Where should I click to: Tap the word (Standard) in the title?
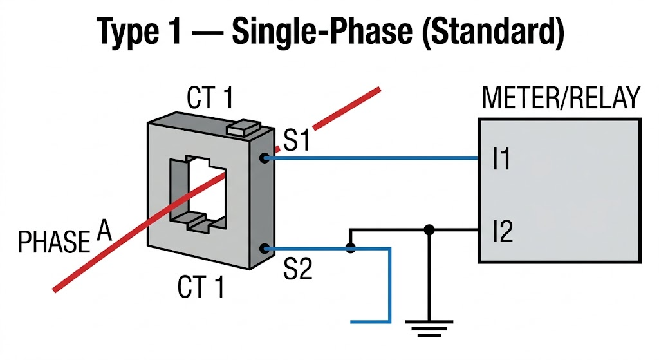pos(499,32)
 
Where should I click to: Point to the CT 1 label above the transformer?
pos(210,99)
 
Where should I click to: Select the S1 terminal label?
pos(297,141)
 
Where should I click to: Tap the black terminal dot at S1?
pos(263,157)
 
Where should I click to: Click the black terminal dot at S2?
pos(263,248)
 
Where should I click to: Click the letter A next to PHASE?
pos(104,230)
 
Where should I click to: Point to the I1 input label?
pos(501,159)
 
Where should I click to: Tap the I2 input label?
pos(502,231)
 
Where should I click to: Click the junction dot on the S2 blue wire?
pos(350,248)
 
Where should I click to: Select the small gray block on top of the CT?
pos(244,127)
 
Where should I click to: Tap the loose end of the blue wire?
pos(353,320)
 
